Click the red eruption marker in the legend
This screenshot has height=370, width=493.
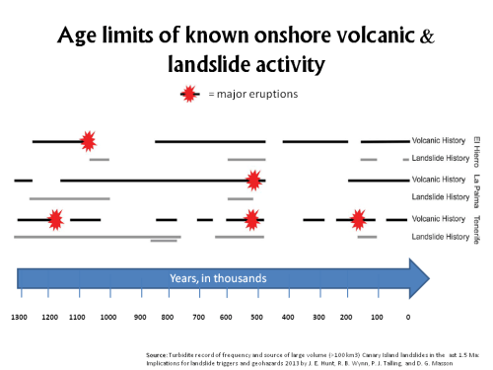coord(187,95)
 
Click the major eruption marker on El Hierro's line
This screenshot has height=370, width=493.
coord(88,142)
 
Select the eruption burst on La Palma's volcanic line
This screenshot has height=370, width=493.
coord(254,181)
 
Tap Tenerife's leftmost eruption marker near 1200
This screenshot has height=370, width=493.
coord(56,219)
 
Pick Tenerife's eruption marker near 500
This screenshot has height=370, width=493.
coord(252,219)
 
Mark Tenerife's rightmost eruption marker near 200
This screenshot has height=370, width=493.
coord(358,219)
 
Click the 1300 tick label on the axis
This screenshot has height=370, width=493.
coord(19,317)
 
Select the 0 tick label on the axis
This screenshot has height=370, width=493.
coord(408,317)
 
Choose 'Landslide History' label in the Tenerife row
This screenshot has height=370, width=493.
coord(440,237)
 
